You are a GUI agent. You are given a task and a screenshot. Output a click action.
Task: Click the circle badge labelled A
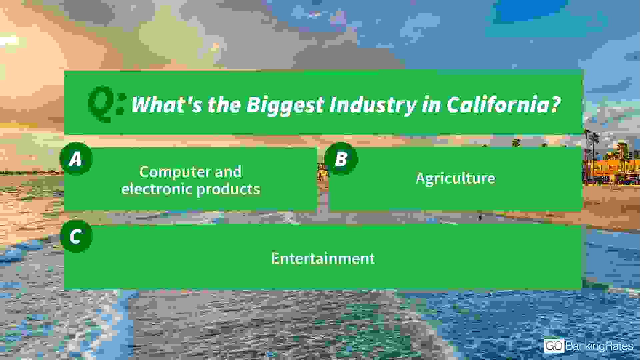pos(76,159)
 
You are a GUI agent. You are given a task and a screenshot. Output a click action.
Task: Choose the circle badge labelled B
pos(341,159)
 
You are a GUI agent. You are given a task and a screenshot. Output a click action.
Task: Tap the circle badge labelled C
pos(76,237)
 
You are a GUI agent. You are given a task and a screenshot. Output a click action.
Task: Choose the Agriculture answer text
pos(455,179)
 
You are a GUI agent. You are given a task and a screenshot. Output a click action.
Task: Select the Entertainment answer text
pos(323,258)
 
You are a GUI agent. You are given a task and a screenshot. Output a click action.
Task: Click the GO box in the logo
pos(554,346)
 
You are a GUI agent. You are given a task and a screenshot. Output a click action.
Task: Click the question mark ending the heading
pos(555,104)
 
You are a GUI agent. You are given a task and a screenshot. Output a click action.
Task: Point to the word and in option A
pos(228,172)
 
